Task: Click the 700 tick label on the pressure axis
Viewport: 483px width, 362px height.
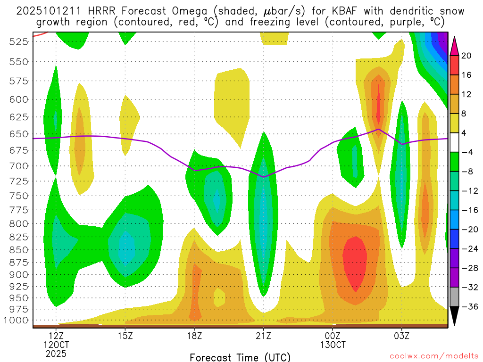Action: [x=18, y=166]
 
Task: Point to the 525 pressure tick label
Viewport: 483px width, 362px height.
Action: [x=18, y=41]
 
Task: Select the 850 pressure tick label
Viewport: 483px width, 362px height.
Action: [x=18, y=250]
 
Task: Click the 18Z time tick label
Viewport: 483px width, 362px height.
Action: [x=194, y=336]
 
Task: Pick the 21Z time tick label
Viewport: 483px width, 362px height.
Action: [x=263, y=336]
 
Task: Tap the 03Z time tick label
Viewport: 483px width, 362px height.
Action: [x=401, y=336]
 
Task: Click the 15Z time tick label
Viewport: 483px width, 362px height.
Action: [x=125, y=336]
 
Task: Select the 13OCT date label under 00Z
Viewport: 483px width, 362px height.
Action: [x=333, y=345]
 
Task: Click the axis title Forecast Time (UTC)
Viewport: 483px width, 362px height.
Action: [x=240, y=357]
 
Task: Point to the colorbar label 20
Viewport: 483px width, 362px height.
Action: [x=466, y=56]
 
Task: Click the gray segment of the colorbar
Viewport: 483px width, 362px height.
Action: [x=455, y=297]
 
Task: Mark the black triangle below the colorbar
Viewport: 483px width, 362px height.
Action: [x=455, y=316]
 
